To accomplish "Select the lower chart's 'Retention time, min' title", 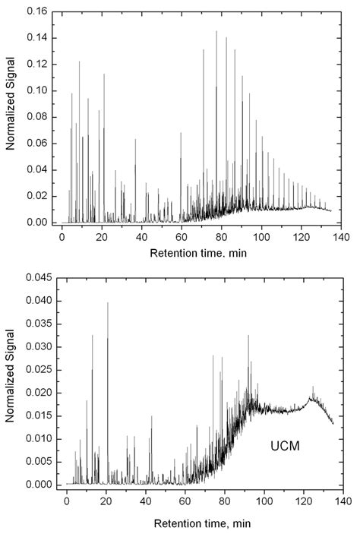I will (x=199, y=523).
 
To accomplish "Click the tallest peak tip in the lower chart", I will (x=107, y=302).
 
